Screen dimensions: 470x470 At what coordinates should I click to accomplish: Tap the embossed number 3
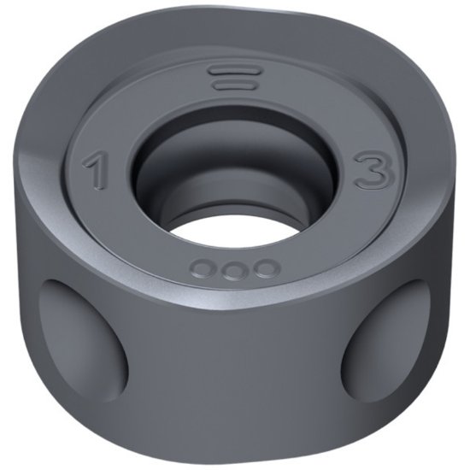tap(373, 170)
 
